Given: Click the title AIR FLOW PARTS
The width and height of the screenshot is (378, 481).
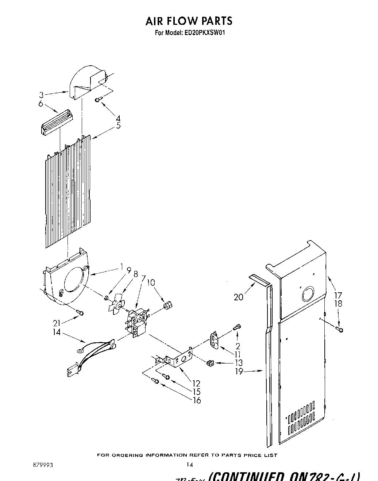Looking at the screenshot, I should coord(189,21).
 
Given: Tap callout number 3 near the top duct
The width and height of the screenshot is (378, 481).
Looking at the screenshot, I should coord(42,96).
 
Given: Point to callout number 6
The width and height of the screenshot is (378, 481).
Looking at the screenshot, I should coord(41,104).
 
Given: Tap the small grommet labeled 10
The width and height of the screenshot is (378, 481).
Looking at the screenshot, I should coord(168,304).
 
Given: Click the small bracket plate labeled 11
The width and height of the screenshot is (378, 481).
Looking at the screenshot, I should coord(215,340).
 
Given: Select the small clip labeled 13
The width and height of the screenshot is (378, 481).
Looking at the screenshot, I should coord(210,363).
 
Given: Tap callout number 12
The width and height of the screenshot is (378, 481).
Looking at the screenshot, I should coord(196,383).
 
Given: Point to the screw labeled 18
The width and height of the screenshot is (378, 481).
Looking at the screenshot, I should coord(340,330).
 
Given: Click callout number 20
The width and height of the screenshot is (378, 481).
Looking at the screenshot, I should coord(238,297).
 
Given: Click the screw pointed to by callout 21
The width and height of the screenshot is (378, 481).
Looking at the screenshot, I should coord(81,312).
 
